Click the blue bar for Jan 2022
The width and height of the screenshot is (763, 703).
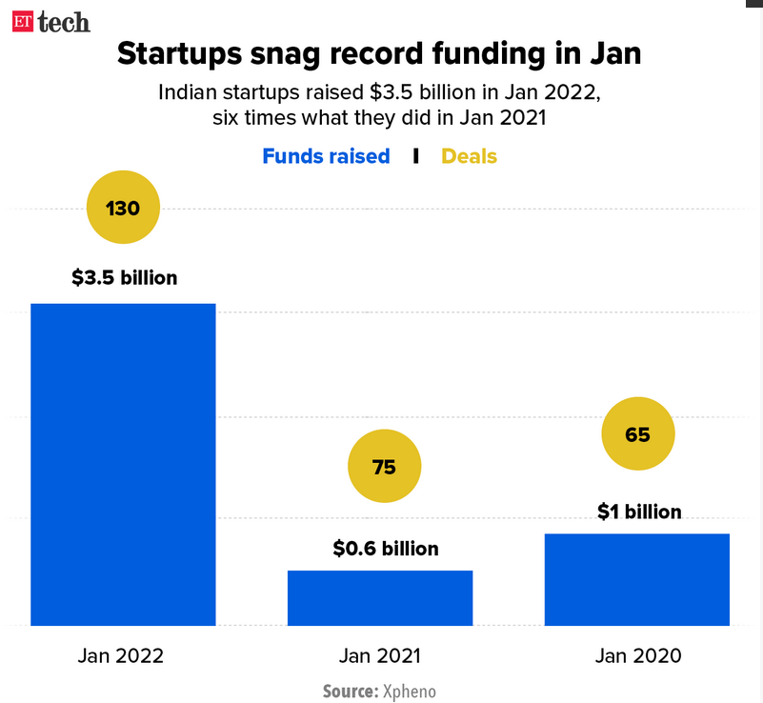click(x=123, y=464)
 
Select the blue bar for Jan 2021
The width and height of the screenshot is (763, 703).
click(x=380, y=597)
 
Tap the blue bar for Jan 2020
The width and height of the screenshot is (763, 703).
click(x=636, y=579)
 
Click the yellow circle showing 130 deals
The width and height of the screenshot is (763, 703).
click(x=123, y=208)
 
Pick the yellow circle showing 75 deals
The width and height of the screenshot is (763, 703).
click(x=384, y=467)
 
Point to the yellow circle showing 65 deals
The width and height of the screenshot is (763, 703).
click(x=637, y=434)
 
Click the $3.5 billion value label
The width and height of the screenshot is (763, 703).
click(x=124, y=278)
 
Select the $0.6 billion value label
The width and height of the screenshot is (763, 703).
click(x=386, y=549)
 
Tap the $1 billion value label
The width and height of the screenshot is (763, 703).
click(x=639, y=512)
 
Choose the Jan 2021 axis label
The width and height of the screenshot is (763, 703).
click(x=379, y=656)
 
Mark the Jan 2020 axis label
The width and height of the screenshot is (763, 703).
click(x=637, y=656)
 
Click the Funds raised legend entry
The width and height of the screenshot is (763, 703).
click(x=326, y=156)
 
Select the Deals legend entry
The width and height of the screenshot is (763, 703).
click(x=469, y=156)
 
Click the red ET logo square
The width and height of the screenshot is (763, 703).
click(x=23, y=20)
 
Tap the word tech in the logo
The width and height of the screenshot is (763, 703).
click(x=65, y=20)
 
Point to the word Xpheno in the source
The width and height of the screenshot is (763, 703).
click(x=409, y=691)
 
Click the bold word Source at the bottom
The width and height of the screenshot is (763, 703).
click(x=350, y=691)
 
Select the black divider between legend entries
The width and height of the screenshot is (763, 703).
click(x=416, y=156)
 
